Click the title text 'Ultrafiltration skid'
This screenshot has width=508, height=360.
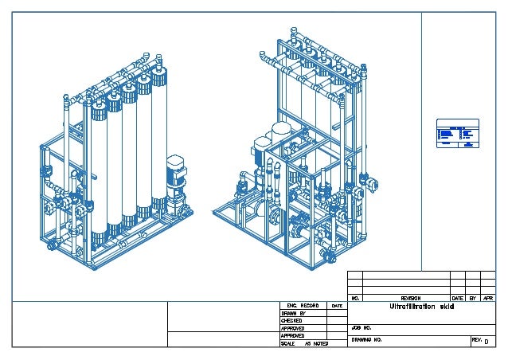pos(421,307)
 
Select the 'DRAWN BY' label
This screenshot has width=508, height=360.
pos(293,313)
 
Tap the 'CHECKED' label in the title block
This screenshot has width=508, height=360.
pos(292,320)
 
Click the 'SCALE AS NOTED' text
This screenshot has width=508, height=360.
pos(305,343)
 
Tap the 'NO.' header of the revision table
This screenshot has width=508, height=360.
pos(355,298)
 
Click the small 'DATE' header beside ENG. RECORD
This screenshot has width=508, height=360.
pos(337,305)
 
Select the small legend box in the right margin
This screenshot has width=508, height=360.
pos(455,135)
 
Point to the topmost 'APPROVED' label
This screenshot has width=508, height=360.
pos(293,328)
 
